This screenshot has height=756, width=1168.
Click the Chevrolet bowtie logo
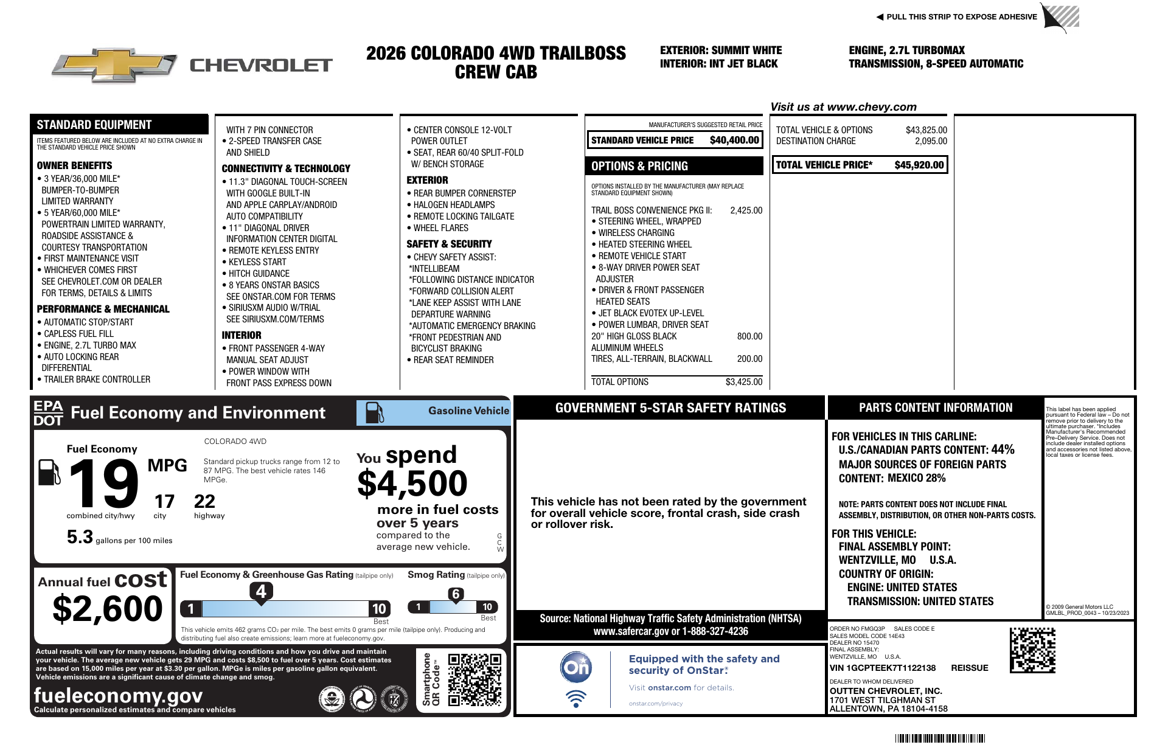[114, 64]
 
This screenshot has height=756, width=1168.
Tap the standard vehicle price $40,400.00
[734, 140]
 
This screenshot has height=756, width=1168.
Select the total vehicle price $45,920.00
[919, 165]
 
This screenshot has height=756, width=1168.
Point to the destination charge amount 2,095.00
[931, 141]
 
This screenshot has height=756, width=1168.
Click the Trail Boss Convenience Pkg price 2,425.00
[746, 210]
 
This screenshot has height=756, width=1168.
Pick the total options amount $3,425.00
[743, 382]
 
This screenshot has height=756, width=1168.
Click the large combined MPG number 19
[103, 484]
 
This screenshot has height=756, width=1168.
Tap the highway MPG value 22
[204, 502]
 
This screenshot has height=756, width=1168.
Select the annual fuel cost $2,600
[108, 609]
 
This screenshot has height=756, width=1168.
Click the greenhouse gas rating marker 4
[261, 591]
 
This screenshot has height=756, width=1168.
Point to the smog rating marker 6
[456, 594]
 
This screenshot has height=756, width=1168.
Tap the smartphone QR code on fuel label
[474, 679]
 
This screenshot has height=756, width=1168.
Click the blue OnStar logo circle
[575, 668]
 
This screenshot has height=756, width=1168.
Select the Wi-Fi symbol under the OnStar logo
[575, 698]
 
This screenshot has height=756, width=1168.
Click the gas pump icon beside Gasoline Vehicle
[374, 413]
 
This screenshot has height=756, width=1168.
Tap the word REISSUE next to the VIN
[970, 668]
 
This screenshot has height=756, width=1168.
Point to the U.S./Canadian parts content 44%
[1003, 449]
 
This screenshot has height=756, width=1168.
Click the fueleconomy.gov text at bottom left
[118, 695]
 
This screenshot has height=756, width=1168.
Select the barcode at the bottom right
[940, 738]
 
